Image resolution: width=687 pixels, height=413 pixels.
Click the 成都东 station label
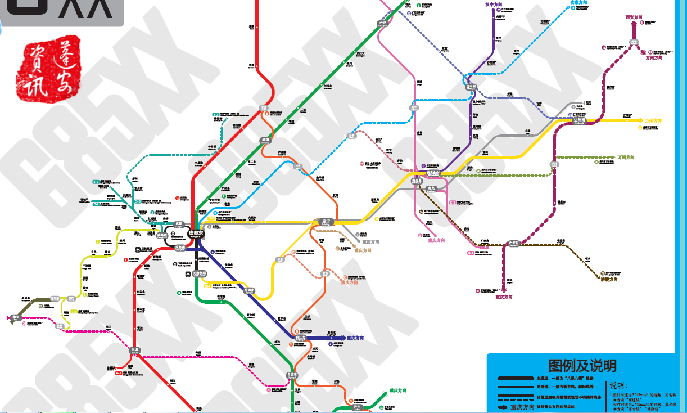coord(196,233)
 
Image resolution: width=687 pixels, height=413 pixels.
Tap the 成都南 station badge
coord(180,248)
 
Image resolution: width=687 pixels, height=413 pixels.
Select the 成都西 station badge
coord(162,236)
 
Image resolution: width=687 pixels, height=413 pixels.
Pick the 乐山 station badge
coord(134,350)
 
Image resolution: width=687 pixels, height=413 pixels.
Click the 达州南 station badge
coord(580,120)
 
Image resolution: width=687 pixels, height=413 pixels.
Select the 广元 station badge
coord(383,23)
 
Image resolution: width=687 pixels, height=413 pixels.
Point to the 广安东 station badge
coord(513,244)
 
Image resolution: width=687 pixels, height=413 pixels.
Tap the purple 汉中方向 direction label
coord(494,4)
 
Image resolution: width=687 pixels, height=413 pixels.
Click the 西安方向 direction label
coord(634,17)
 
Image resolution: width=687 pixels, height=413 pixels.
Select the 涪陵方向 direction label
coord(609,279)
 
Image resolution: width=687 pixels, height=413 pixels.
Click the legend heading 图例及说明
coord(582,366)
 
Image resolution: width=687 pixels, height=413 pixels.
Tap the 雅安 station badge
coord(15,318)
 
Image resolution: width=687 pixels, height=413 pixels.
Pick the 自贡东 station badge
coord(292,374)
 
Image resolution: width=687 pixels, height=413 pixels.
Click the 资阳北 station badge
coord(249,291)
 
